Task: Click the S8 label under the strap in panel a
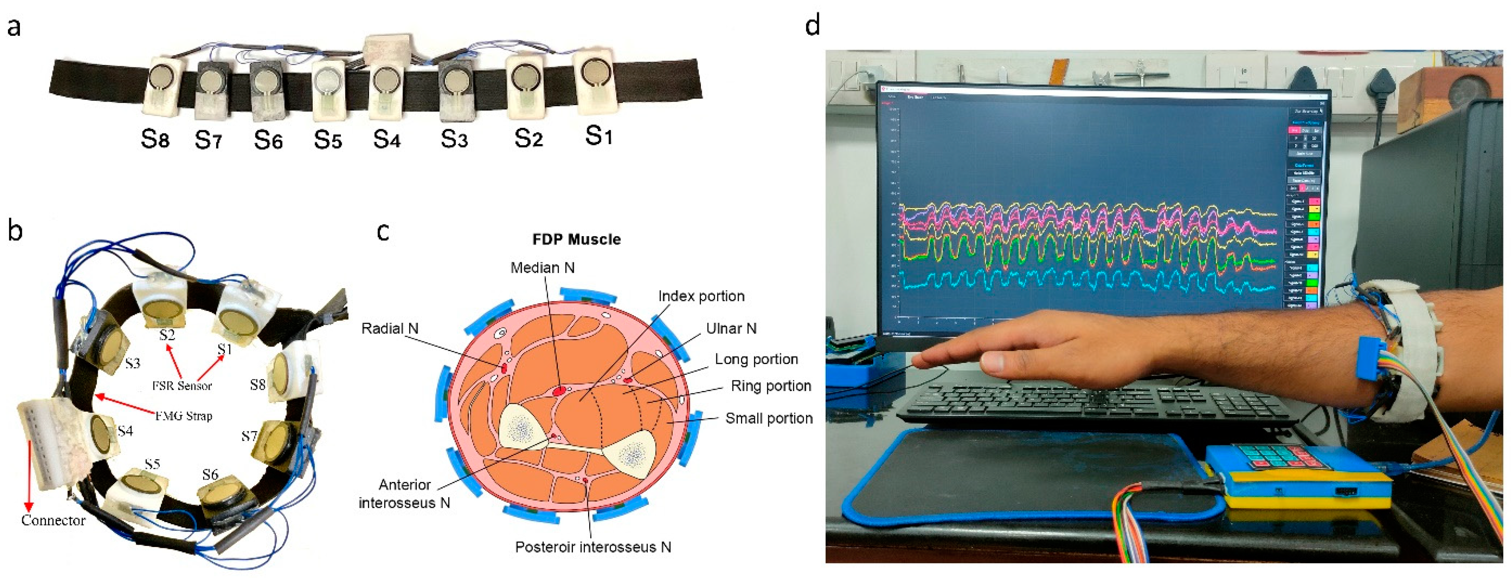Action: click(155, 139)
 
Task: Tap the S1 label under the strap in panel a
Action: click(599, 136)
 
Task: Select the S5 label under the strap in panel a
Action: click(327, 139)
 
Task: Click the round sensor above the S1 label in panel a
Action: click(595, 73)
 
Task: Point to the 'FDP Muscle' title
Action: click(576, 239)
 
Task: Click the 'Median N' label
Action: click(542, 268)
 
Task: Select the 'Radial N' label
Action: click(389, 328)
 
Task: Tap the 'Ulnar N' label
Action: click(731, 328)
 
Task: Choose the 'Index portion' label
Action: click(701, 296)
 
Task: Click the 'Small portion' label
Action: click(768, 418)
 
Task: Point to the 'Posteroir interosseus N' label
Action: click(592, 547)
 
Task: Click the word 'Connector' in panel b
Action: click(53, 520)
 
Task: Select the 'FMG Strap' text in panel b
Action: click(184, 416)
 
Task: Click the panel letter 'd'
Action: click(813, 25)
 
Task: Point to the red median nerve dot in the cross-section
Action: click(559, 390)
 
